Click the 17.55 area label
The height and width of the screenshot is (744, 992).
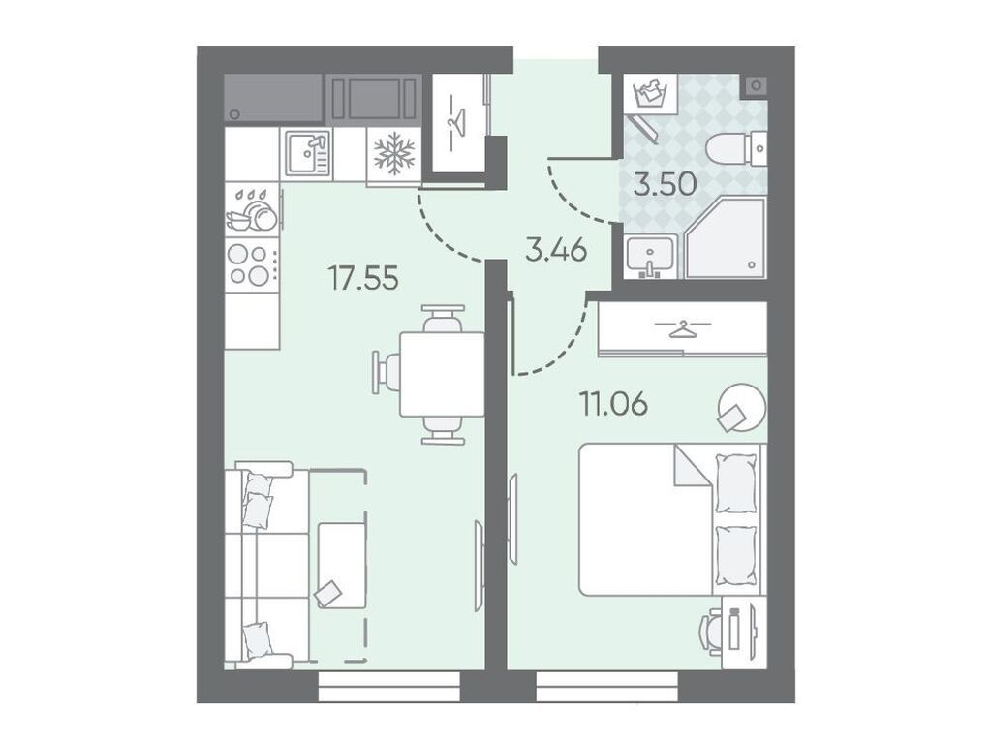(363, 278)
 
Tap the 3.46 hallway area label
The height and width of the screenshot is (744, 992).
(557, 251)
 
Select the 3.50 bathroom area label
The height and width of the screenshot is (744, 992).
(665, 184)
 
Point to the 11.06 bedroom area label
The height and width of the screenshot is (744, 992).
(613, 404)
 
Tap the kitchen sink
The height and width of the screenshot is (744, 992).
(307, 153)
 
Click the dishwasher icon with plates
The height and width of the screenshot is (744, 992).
(253, 209)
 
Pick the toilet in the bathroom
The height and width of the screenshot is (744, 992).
(736, 149)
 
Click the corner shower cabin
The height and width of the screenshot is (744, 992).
(726, 238)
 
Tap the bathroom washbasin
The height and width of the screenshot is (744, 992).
(650, 256)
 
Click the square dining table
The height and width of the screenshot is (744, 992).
(442, 374)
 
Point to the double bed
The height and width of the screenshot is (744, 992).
(672, 519)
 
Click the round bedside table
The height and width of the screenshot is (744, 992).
(741, 408)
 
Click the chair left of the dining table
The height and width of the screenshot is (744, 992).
(387, 374)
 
